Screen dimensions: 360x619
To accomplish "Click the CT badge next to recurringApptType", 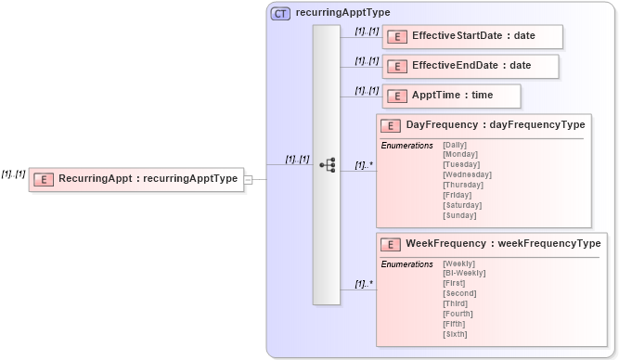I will (280, 13).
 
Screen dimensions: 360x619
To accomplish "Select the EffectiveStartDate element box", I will (472, 36).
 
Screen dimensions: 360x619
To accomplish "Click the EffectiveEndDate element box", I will (471, 66).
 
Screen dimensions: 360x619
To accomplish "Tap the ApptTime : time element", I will (452, 96).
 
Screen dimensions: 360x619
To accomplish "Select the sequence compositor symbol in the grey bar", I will (327, 165).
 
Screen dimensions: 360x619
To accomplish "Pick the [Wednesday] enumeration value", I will (467, 174).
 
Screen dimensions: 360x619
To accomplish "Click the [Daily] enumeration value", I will (455, 145).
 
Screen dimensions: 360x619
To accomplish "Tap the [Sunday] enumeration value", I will (459, 215).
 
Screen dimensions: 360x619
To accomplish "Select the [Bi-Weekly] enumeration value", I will (464, 273).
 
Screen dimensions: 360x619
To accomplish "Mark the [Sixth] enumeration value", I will (455, 334).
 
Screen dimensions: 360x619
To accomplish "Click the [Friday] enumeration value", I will (458, 195).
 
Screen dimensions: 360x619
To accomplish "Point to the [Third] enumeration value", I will (455, 303).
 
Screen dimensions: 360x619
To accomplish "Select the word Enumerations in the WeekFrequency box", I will (406, 264).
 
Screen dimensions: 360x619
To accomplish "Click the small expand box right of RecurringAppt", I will (248, 179).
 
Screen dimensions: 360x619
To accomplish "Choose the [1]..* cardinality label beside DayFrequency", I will (364, 165).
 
